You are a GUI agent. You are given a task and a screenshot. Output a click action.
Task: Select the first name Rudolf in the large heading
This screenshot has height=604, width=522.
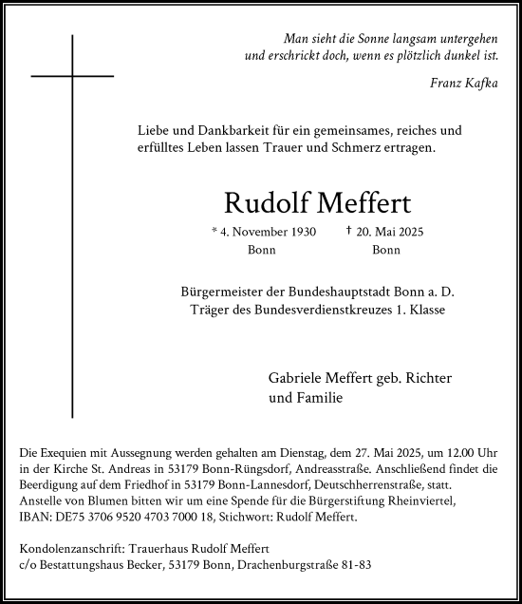point(257,203)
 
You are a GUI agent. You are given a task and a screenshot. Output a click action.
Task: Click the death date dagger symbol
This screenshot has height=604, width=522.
point(349,232)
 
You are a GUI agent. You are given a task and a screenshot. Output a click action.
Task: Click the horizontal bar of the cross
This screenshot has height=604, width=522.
point(72,74)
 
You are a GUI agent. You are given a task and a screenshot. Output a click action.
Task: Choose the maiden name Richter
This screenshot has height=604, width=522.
point(427,379)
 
